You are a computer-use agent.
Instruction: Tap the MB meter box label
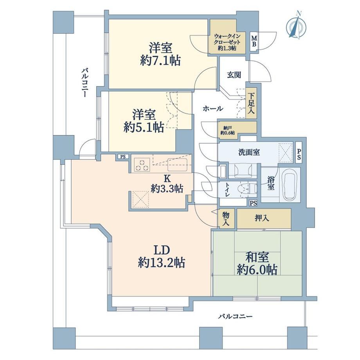pos(254,41)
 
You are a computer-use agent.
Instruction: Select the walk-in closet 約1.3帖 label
pos(227,42)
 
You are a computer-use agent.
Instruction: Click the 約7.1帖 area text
pos(160,61)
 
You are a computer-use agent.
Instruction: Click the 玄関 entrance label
pos(234,75)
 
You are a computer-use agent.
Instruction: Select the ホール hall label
pos(213,108)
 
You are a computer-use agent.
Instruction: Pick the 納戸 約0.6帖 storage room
pos(237,130)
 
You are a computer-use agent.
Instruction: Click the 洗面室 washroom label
pos(249,152)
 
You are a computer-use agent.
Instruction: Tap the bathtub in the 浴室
pos(290,185)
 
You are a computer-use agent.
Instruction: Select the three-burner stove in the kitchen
pos(142,165)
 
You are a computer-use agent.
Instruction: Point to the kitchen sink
pos(178,165)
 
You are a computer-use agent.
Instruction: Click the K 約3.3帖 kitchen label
pos(167,184)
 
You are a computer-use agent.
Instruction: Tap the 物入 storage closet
pos(226,219)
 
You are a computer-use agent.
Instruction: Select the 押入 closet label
pos(262,218)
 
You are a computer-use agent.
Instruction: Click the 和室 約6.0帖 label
pos(257,264)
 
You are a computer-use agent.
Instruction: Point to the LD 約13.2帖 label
pos(161,257)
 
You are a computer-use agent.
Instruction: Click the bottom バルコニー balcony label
pos(235,317)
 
